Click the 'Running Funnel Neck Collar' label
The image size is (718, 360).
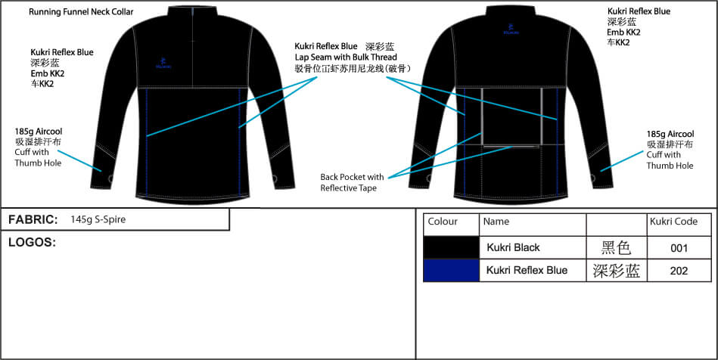pyautogui.click(x=81, y=12)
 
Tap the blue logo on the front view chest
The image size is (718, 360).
pyautogui.click(x=163, y=64)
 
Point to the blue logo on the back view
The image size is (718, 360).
pyautogui.click(x=511, y=29)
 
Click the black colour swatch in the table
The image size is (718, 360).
pyautogui.click(x=451, y=247)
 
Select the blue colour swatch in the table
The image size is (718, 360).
pyautogui.click(x=451, y=270)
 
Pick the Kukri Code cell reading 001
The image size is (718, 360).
pyautogui.click(x=679, y=248)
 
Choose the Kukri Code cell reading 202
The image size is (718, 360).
pyautogui.click(x=679, y=271)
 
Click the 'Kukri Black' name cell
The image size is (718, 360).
pyautogui.click(x=513, y=248)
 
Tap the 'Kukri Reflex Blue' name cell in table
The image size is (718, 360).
pyautogui.click(x=527, y=270)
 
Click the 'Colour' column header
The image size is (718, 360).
pyautogui.click(x=443, y=222)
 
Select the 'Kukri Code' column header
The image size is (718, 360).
pyautogui.click(x=673, y=222)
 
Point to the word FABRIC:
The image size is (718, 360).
pyautogui.click(x=33, y=220)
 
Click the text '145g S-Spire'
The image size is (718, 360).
pyautogui.click(x=98, y=220)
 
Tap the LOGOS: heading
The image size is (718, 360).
pyautogui.click(x=32, y=242)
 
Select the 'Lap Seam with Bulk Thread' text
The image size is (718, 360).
pyautogui.click(x=346, y=57)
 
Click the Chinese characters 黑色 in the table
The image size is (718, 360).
pyautogui.click(x=616, y=248)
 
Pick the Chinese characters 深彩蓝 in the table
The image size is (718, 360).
pyautogui.click(x=616, y=271)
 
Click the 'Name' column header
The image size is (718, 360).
pyautogui.click(x=496, y=222)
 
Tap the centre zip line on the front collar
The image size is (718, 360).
pyautogui.click(x=193, y=47)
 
